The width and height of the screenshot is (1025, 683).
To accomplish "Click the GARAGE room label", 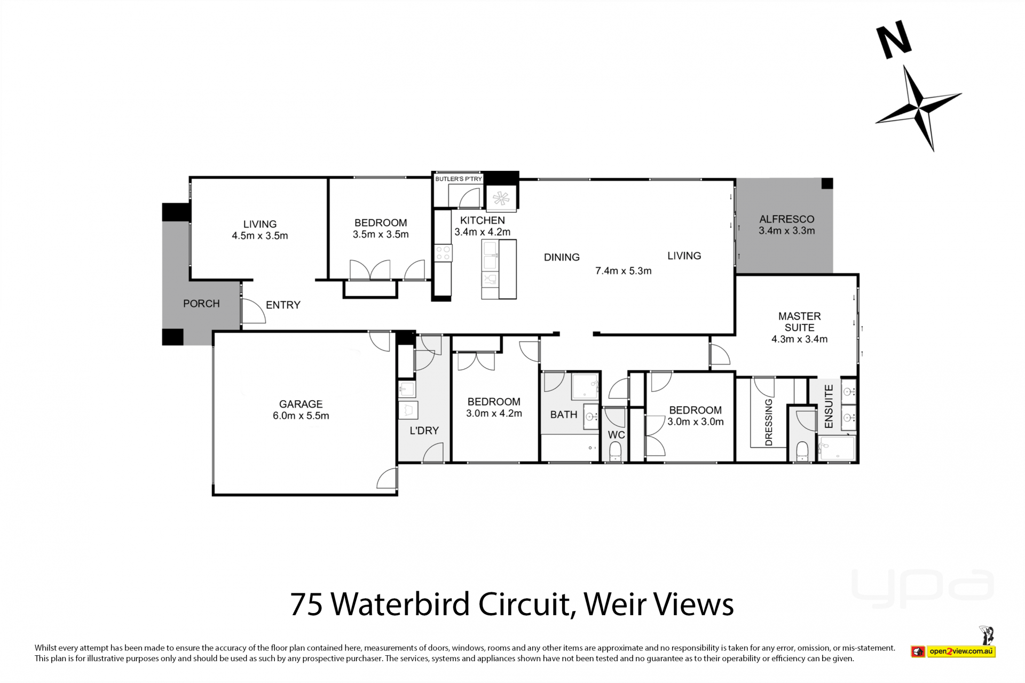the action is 301,404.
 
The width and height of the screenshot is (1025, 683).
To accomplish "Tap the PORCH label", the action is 201,304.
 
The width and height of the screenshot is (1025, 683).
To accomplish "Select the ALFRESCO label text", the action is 787,219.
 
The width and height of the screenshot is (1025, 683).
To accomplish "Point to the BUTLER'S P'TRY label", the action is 459,179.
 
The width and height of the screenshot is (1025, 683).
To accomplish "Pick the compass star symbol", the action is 919,108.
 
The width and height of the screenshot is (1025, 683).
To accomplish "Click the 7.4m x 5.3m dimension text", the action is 624,271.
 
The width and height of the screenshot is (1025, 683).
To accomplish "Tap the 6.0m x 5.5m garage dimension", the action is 301,416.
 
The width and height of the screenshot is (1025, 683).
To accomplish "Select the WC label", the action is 616,435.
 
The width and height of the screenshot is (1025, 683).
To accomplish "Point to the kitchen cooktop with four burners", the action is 443,253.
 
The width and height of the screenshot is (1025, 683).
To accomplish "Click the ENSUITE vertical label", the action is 829,406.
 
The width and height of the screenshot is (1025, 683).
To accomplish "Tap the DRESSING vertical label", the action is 769,422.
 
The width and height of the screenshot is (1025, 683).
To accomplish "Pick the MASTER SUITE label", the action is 799,322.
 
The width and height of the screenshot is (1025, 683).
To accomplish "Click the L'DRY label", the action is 424,431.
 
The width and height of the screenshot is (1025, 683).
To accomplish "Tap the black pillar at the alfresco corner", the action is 827,184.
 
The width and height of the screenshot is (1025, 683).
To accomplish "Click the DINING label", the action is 562,257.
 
